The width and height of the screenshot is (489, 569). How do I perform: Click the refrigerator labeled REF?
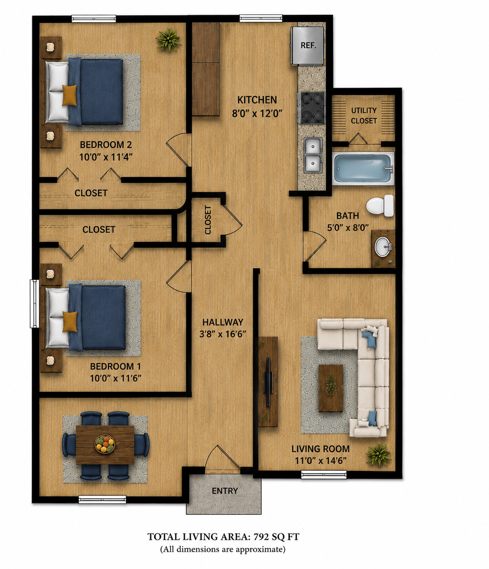point(307,46)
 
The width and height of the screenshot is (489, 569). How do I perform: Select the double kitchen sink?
point(313,155)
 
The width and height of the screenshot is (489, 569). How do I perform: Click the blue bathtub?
point(363,168)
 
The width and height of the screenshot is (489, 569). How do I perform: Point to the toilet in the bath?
point(380,205)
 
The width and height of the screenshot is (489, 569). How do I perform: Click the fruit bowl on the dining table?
point(105,444)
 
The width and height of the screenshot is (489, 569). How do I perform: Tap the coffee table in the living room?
point(331,388)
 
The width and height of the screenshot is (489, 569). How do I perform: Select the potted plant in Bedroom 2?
point(169,40)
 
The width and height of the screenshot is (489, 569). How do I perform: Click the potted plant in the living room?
point(378,455)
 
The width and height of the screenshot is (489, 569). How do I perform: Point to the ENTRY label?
point(225,490)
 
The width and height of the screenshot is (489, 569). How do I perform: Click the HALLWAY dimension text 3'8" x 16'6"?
point(222,334)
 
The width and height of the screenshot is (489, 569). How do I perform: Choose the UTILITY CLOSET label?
point(364,116)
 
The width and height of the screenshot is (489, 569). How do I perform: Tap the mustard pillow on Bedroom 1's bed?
point(70,322)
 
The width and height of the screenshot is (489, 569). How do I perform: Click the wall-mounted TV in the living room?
point(268,382)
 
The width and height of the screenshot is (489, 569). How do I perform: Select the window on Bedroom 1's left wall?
point(34,303)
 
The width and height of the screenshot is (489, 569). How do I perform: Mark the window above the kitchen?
point(261,19)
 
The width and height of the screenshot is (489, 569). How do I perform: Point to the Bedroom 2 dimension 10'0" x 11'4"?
point(106,157)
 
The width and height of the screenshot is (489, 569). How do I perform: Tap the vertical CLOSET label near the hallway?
point(208,220)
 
